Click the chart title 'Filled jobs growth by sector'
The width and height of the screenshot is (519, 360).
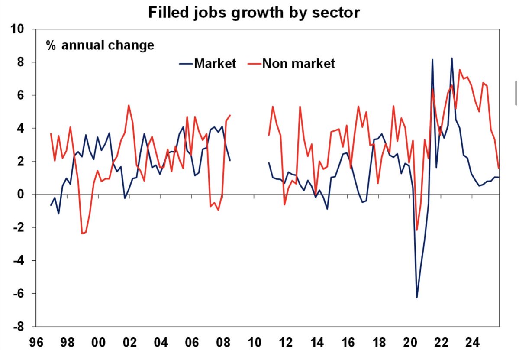point(254,12)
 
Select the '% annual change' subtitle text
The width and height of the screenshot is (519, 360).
point(100,45)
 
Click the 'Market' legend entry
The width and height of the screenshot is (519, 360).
point(208,63)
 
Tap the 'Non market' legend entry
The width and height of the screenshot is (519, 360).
point(291,63)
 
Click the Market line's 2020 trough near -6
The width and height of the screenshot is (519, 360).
point(417,298)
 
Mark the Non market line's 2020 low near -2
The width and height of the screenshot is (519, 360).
point(417,230)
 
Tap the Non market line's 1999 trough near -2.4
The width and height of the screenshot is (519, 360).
point(82,234)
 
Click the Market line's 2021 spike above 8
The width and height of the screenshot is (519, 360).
point(432,59)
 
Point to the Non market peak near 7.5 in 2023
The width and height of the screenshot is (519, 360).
point(460,70)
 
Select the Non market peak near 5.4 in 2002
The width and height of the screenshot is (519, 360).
point(129,105)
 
